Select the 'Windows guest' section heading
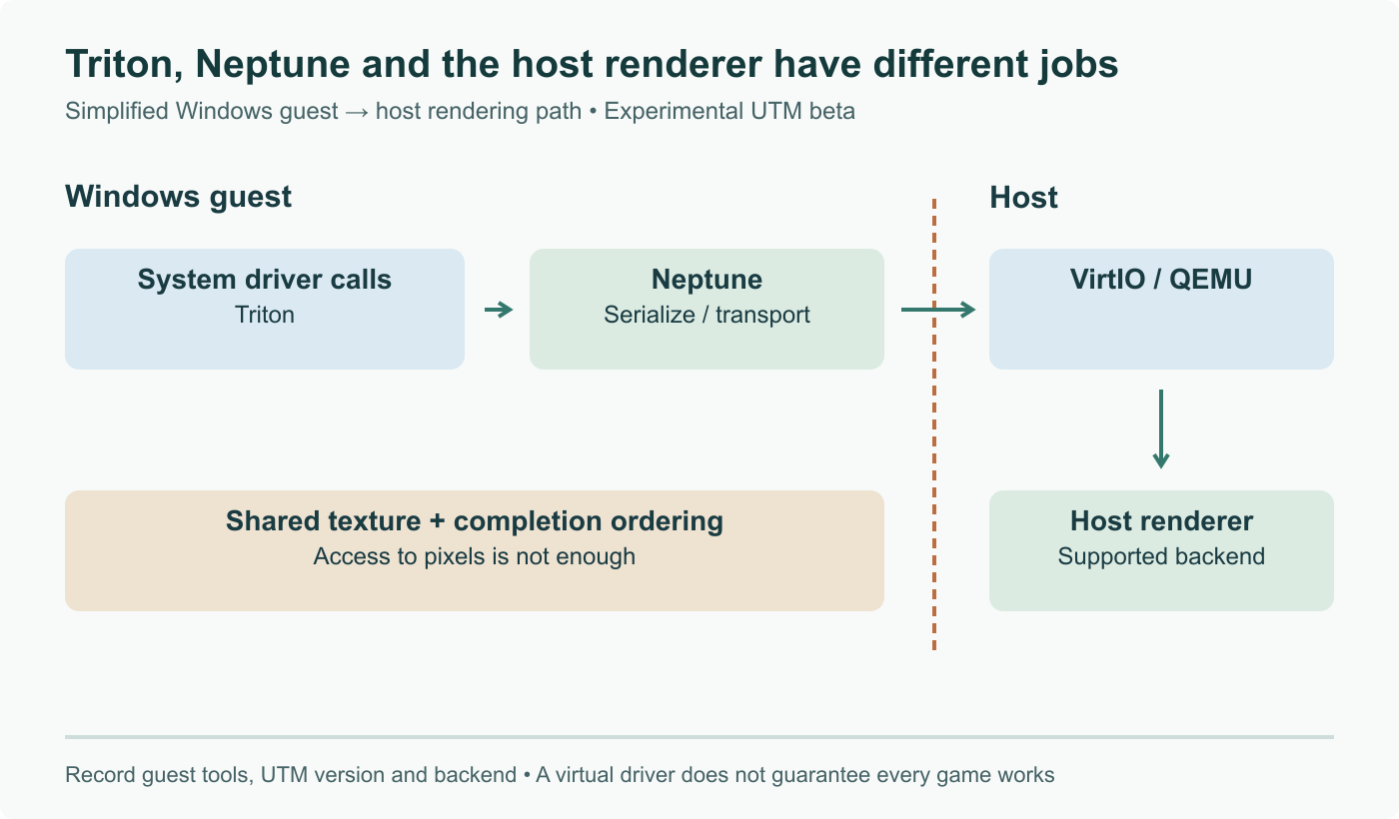click(178, 197)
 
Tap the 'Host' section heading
click(1023, 198)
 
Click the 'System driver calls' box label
click(264, 279)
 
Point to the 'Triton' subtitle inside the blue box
click(264, 315)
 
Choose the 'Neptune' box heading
click(706, 279)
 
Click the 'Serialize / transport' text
click(706, 315)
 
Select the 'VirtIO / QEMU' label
click(1161, 279)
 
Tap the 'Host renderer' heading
click(1161, 520)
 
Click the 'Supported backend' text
click(1161, 556)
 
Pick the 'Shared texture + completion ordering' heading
click(474, 520)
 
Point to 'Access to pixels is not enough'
click(474, 556)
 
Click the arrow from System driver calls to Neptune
click(499, 310)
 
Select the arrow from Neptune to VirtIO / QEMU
click(938, 310)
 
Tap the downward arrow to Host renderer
click(1161, 428)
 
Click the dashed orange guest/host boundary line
click(934, 424)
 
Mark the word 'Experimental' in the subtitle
click(673, 111)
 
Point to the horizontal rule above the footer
click(699, 737)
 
